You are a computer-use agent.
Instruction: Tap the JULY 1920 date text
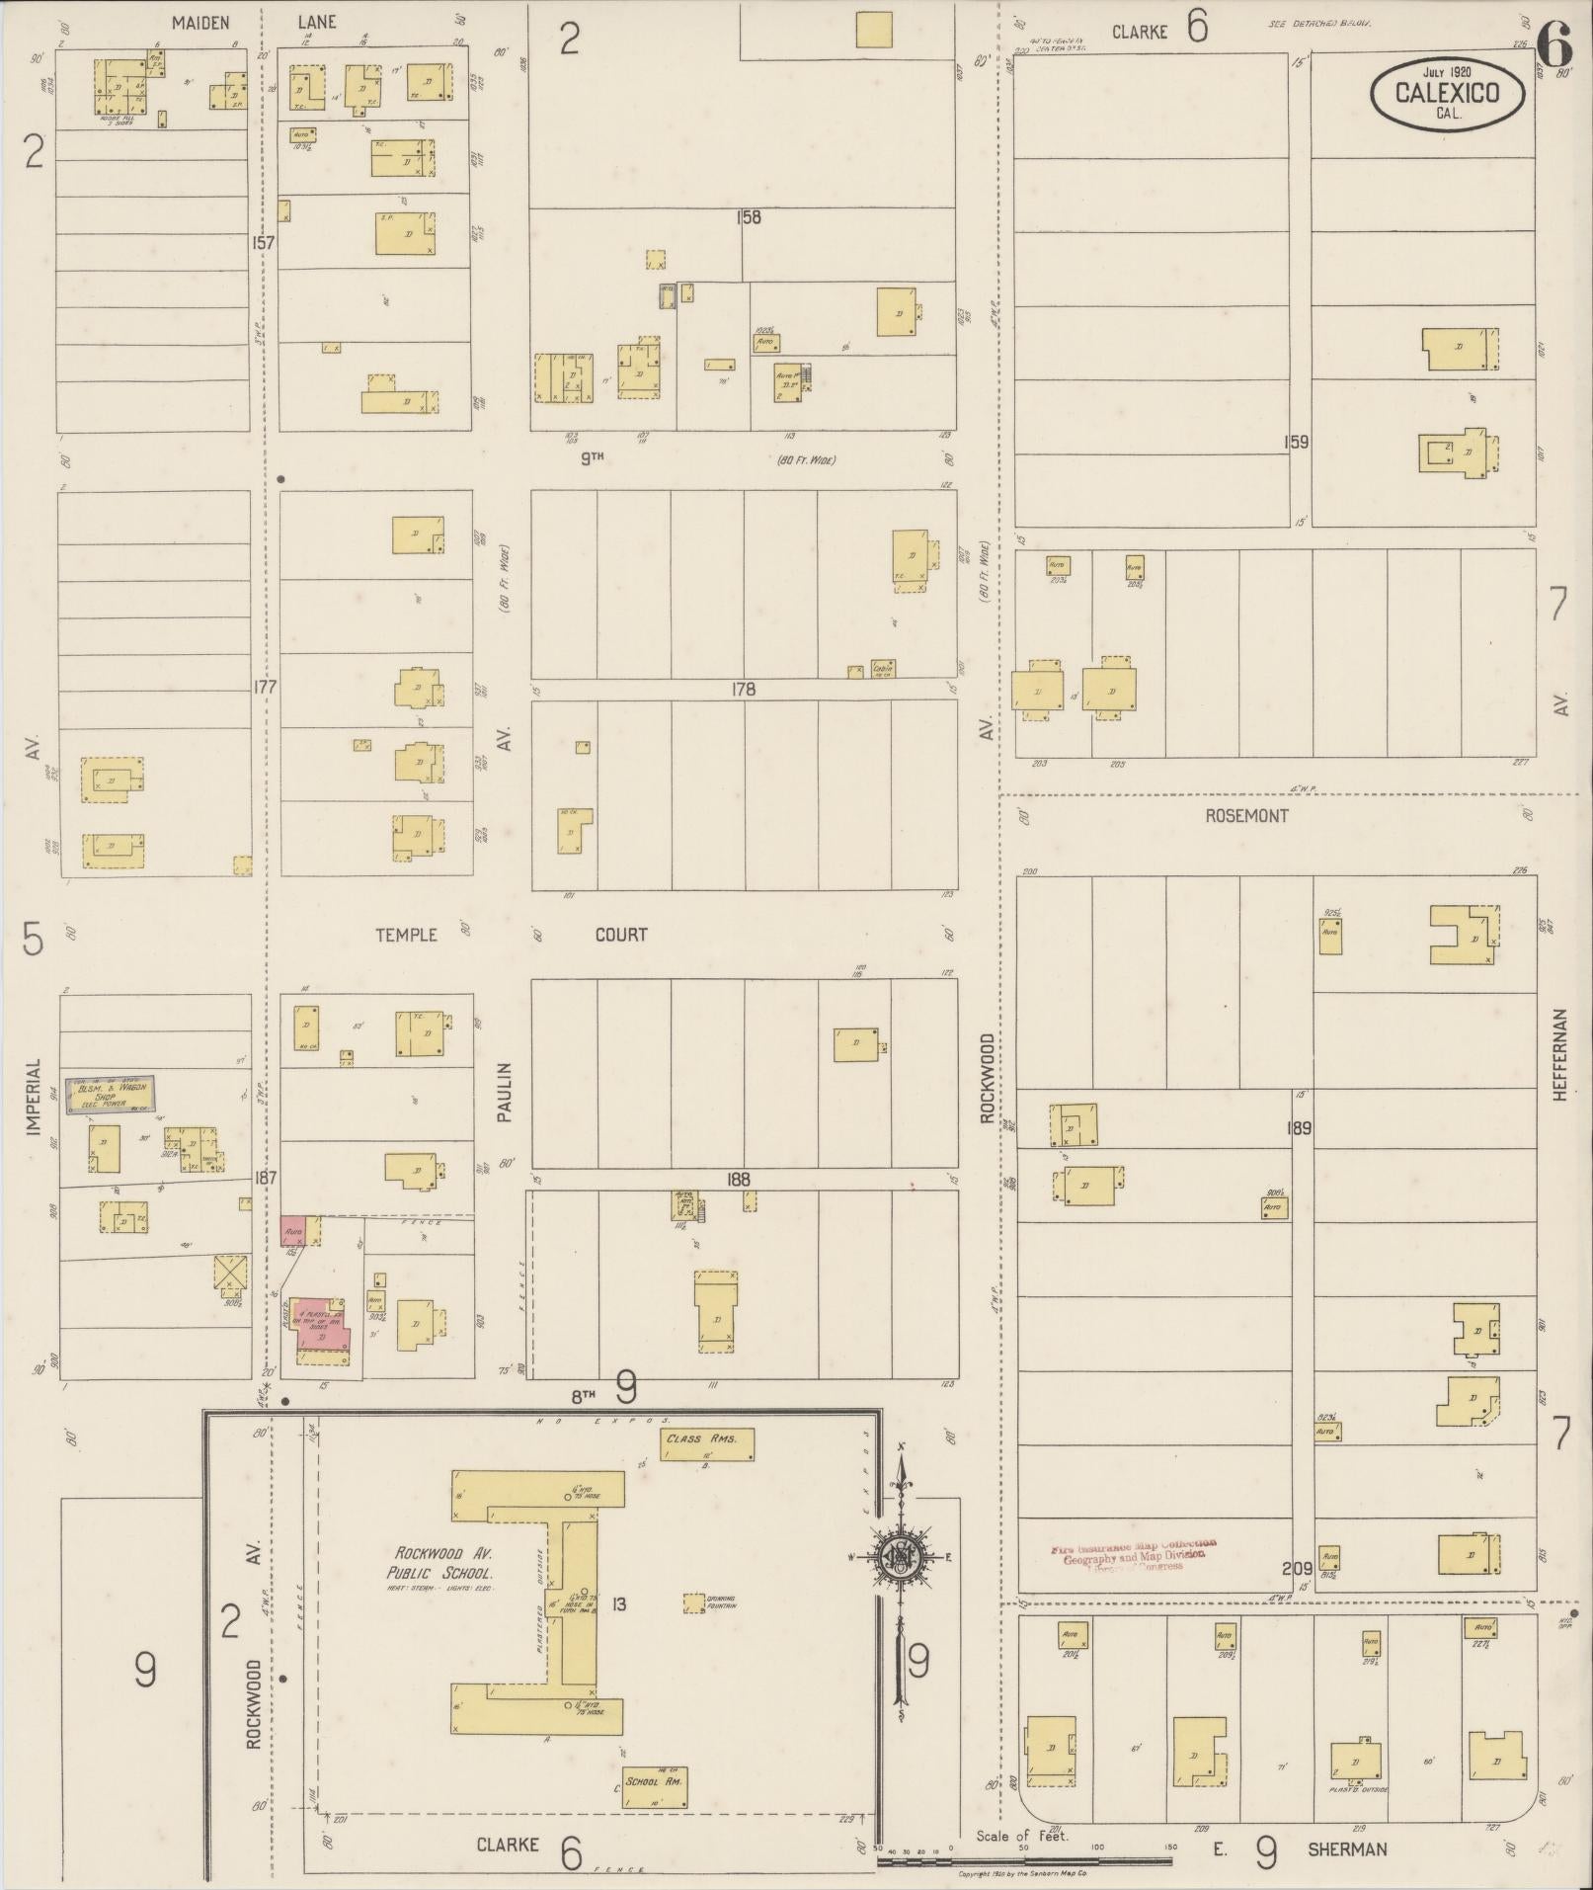coord(1447,71)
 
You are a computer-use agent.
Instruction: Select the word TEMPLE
coord(406,934)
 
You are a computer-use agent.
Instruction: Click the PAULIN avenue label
coord(505,1092)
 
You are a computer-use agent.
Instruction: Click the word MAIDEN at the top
coord(200,21)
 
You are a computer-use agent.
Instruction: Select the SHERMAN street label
coord(1347,1849)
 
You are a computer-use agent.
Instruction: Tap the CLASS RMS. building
coord(706,1445)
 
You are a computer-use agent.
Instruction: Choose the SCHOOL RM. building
coord(655,1787)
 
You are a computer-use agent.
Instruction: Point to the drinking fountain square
coord(694,1602)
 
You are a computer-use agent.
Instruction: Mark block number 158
coord(749,216)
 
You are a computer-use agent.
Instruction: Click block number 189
coord(1300,1127)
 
